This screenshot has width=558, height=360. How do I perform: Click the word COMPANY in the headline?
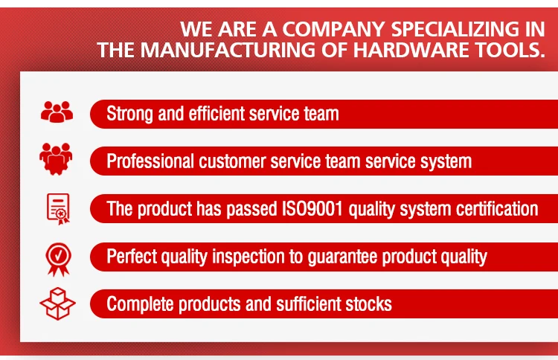(x=333, y=29)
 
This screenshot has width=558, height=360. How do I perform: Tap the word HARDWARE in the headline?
(x=411, y=50)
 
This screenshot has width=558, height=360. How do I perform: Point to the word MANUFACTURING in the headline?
(x=228, y=50)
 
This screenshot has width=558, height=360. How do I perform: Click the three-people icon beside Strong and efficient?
(x=57, y=112)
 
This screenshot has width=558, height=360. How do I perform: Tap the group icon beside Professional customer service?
(x=56, y=158)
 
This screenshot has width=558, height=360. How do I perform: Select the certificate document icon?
(x=58, y=209)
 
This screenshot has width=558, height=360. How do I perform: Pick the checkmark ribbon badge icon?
(x=58, y=260)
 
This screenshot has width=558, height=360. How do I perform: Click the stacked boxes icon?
(x=57, y=303)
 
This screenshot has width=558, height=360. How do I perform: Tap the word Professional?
(x=150, y=161)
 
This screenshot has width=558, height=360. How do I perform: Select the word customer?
(x=232, y=161)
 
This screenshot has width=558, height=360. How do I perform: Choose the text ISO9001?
(x=312, y=208)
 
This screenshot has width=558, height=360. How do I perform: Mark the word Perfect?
(x=131, y=256)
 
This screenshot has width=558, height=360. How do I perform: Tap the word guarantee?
(x=342, y=257)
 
